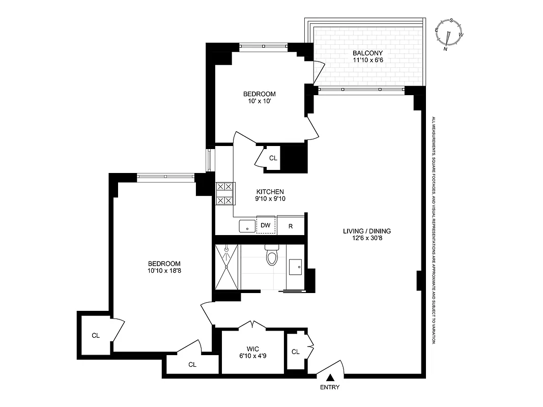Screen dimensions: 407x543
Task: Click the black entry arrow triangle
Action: pos(330,377)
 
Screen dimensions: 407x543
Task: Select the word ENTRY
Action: pos(330,387)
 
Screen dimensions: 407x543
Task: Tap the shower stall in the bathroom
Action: pos(226,266)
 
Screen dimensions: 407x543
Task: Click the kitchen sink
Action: pos(247,226)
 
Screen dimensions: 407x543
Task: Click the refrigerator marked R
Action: pos(291,226)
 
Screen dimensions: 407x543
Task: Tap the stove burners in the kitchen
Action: pos(224,193)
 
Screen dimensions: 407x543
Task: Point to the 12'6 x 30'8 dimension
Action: pos(366,239)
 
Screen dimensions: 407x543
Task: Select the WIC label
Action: pos(253,348)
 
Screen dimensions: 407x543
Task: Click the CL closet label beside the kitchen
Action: pos(273,158)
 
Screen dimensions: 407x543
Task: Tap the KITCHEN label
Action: pos(270,191)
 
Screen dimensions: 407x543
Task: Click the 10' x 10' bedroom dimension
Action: pos(259,101)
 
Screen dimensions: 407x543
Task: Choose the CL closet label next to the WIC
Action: pos(296,352)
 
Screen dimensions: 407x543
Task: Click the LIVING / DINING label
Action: pos(366,231)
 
